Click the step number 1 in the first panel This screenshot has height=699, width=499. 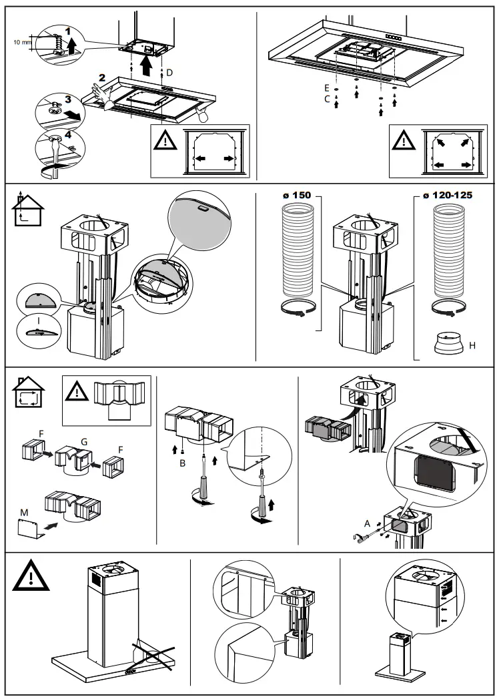point(67,31)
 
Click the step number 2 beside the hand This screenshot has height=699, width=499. point(101,78)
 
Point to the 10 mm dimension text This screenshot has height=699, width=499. point(22,41)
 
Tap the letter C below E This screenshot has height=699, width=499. point(326,99)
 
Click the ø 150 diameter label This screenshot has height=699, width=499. point(296,196)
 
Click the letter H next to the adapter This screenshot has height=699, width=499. point(472,345)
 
